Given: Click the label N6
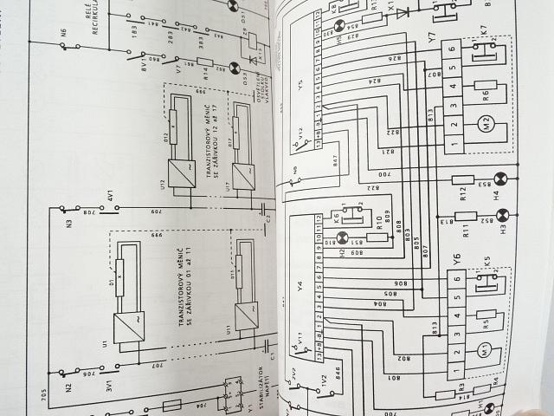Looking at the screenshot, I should pos(63,35).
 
